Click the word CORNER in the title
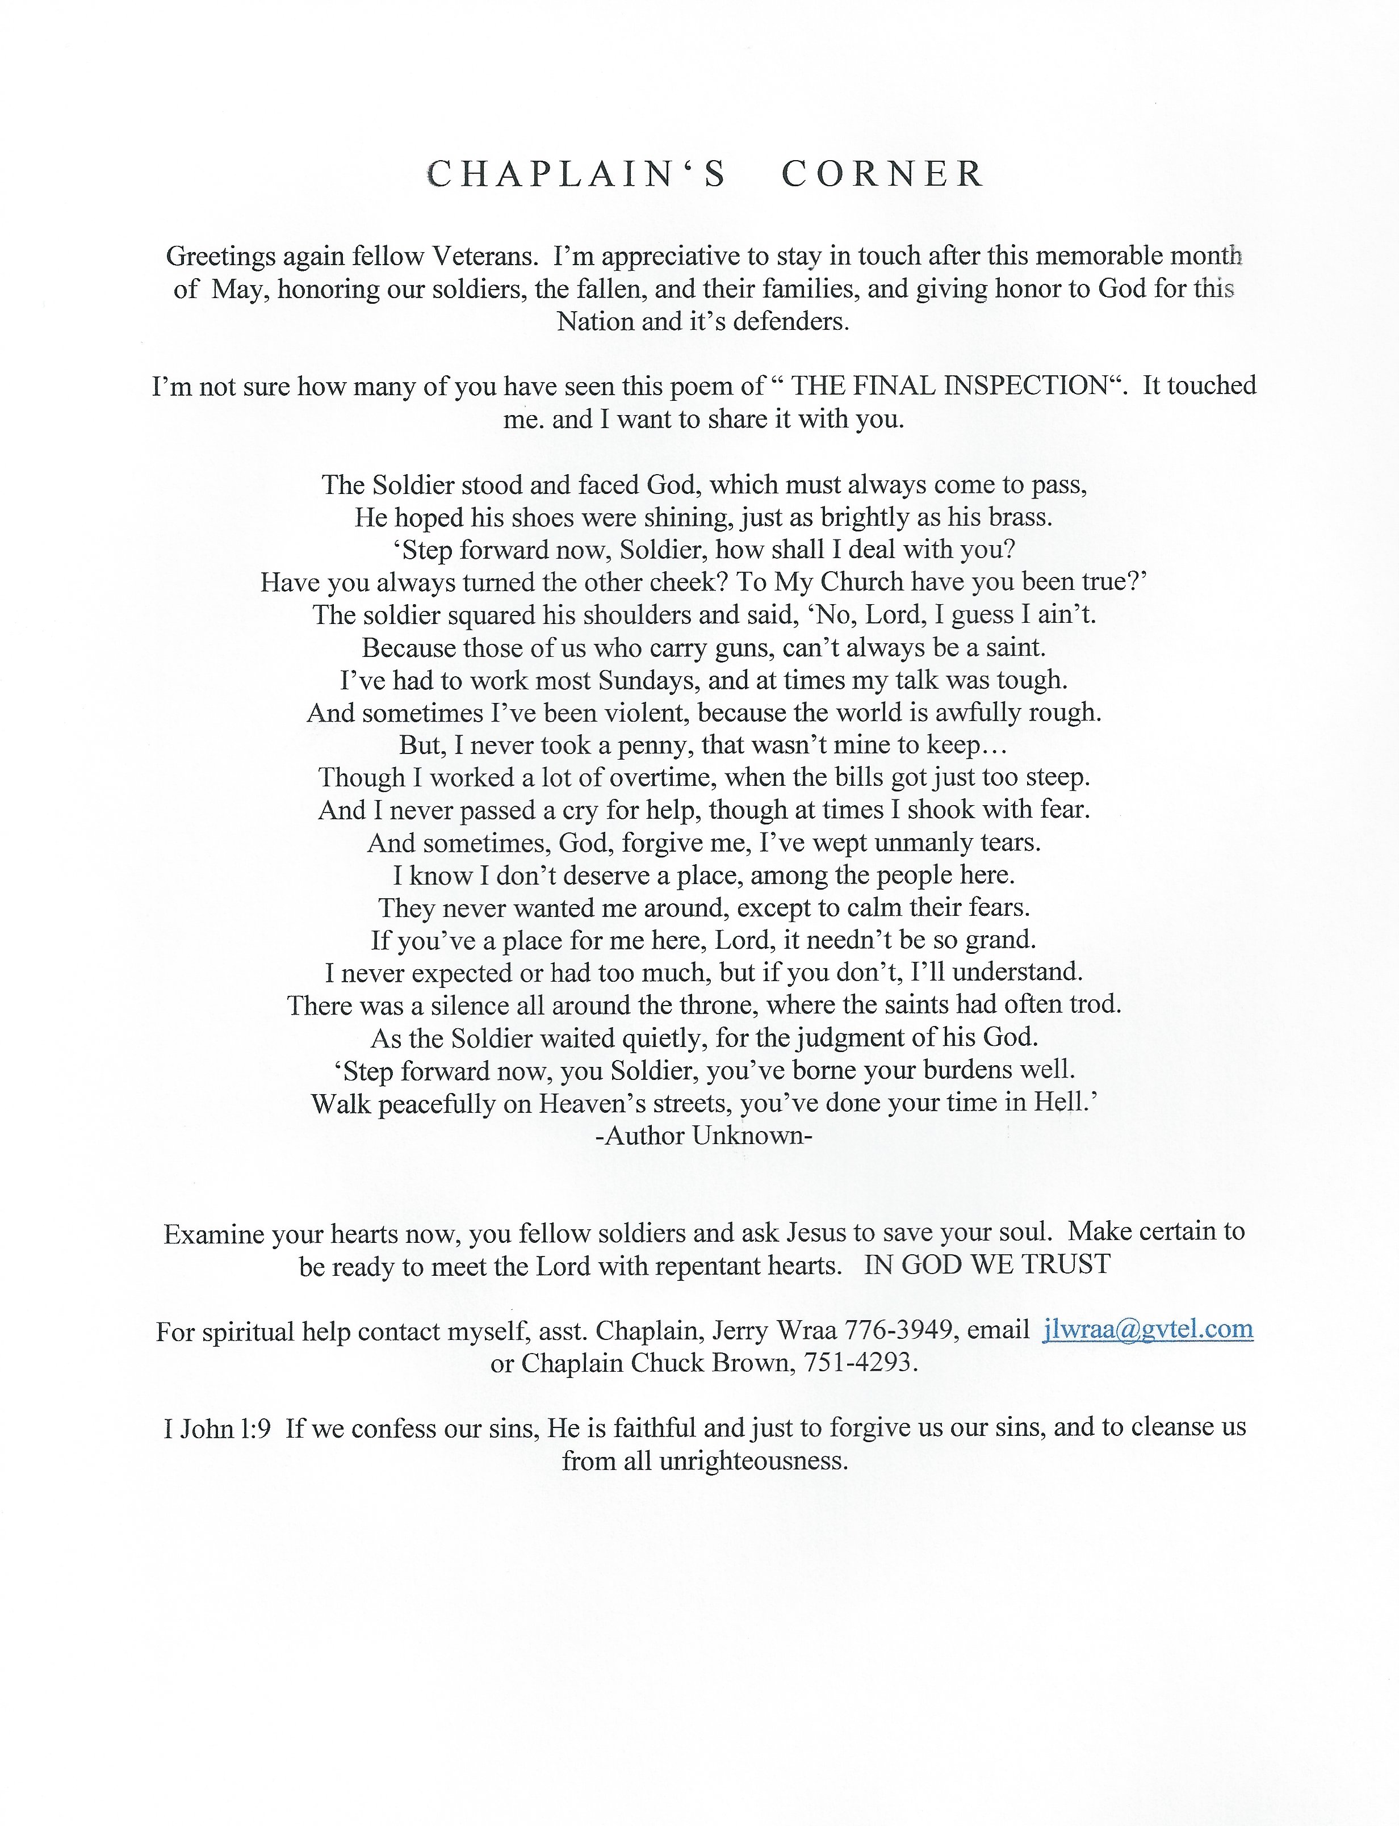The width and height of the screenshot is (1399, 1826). pyautogui.click(x=883, y=174)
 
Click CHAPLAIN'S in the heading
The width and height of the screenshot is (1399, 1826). pyautogui.click(x=577, y=174)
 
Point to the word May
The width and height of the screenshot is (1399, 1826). pyautogui.click(x=237, y=289)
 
